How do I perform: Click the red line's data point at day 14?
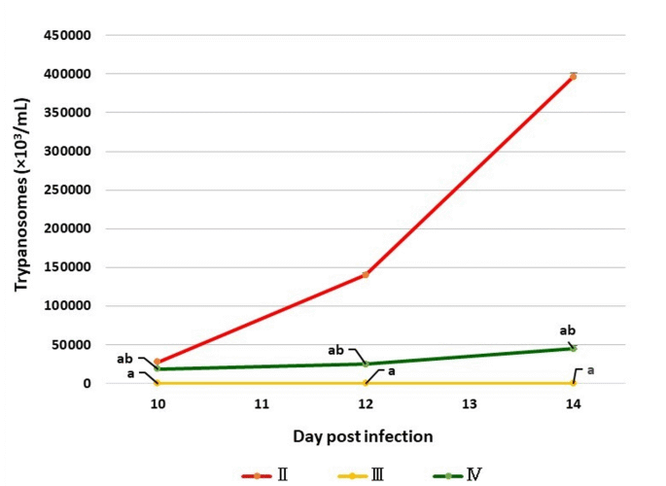574,76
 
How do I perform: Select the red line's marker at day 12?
366,275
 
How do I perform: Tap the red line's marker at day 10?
158,362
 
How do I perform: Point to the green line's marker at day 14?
574,348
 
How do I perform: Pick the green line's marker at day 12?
366,364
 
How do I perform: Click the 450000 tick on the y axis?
70,35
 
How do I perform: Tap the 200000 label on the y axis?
70,228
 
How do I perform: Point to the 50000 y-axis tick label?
74,344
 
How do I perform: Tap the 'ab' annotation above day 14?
568,330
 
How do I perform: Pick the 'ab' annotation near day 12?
336,350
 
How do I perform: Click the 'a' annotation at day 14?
589,370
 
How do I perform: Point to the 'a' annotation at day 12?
391,371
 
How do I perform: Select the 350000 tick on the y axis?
70,113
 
